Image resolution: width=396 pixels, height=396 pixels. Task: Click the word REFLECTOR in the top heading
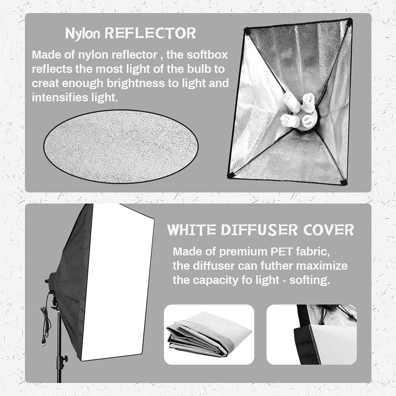[150, 34]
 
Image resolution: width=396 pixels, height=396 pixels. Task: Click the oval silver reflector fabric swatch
[121, 147]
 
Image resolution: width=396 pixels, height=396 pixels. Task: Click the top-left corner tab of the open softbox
[246, 31]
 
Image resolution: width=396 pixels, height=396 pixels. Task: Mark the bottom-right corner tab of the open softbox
[343, 182]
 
